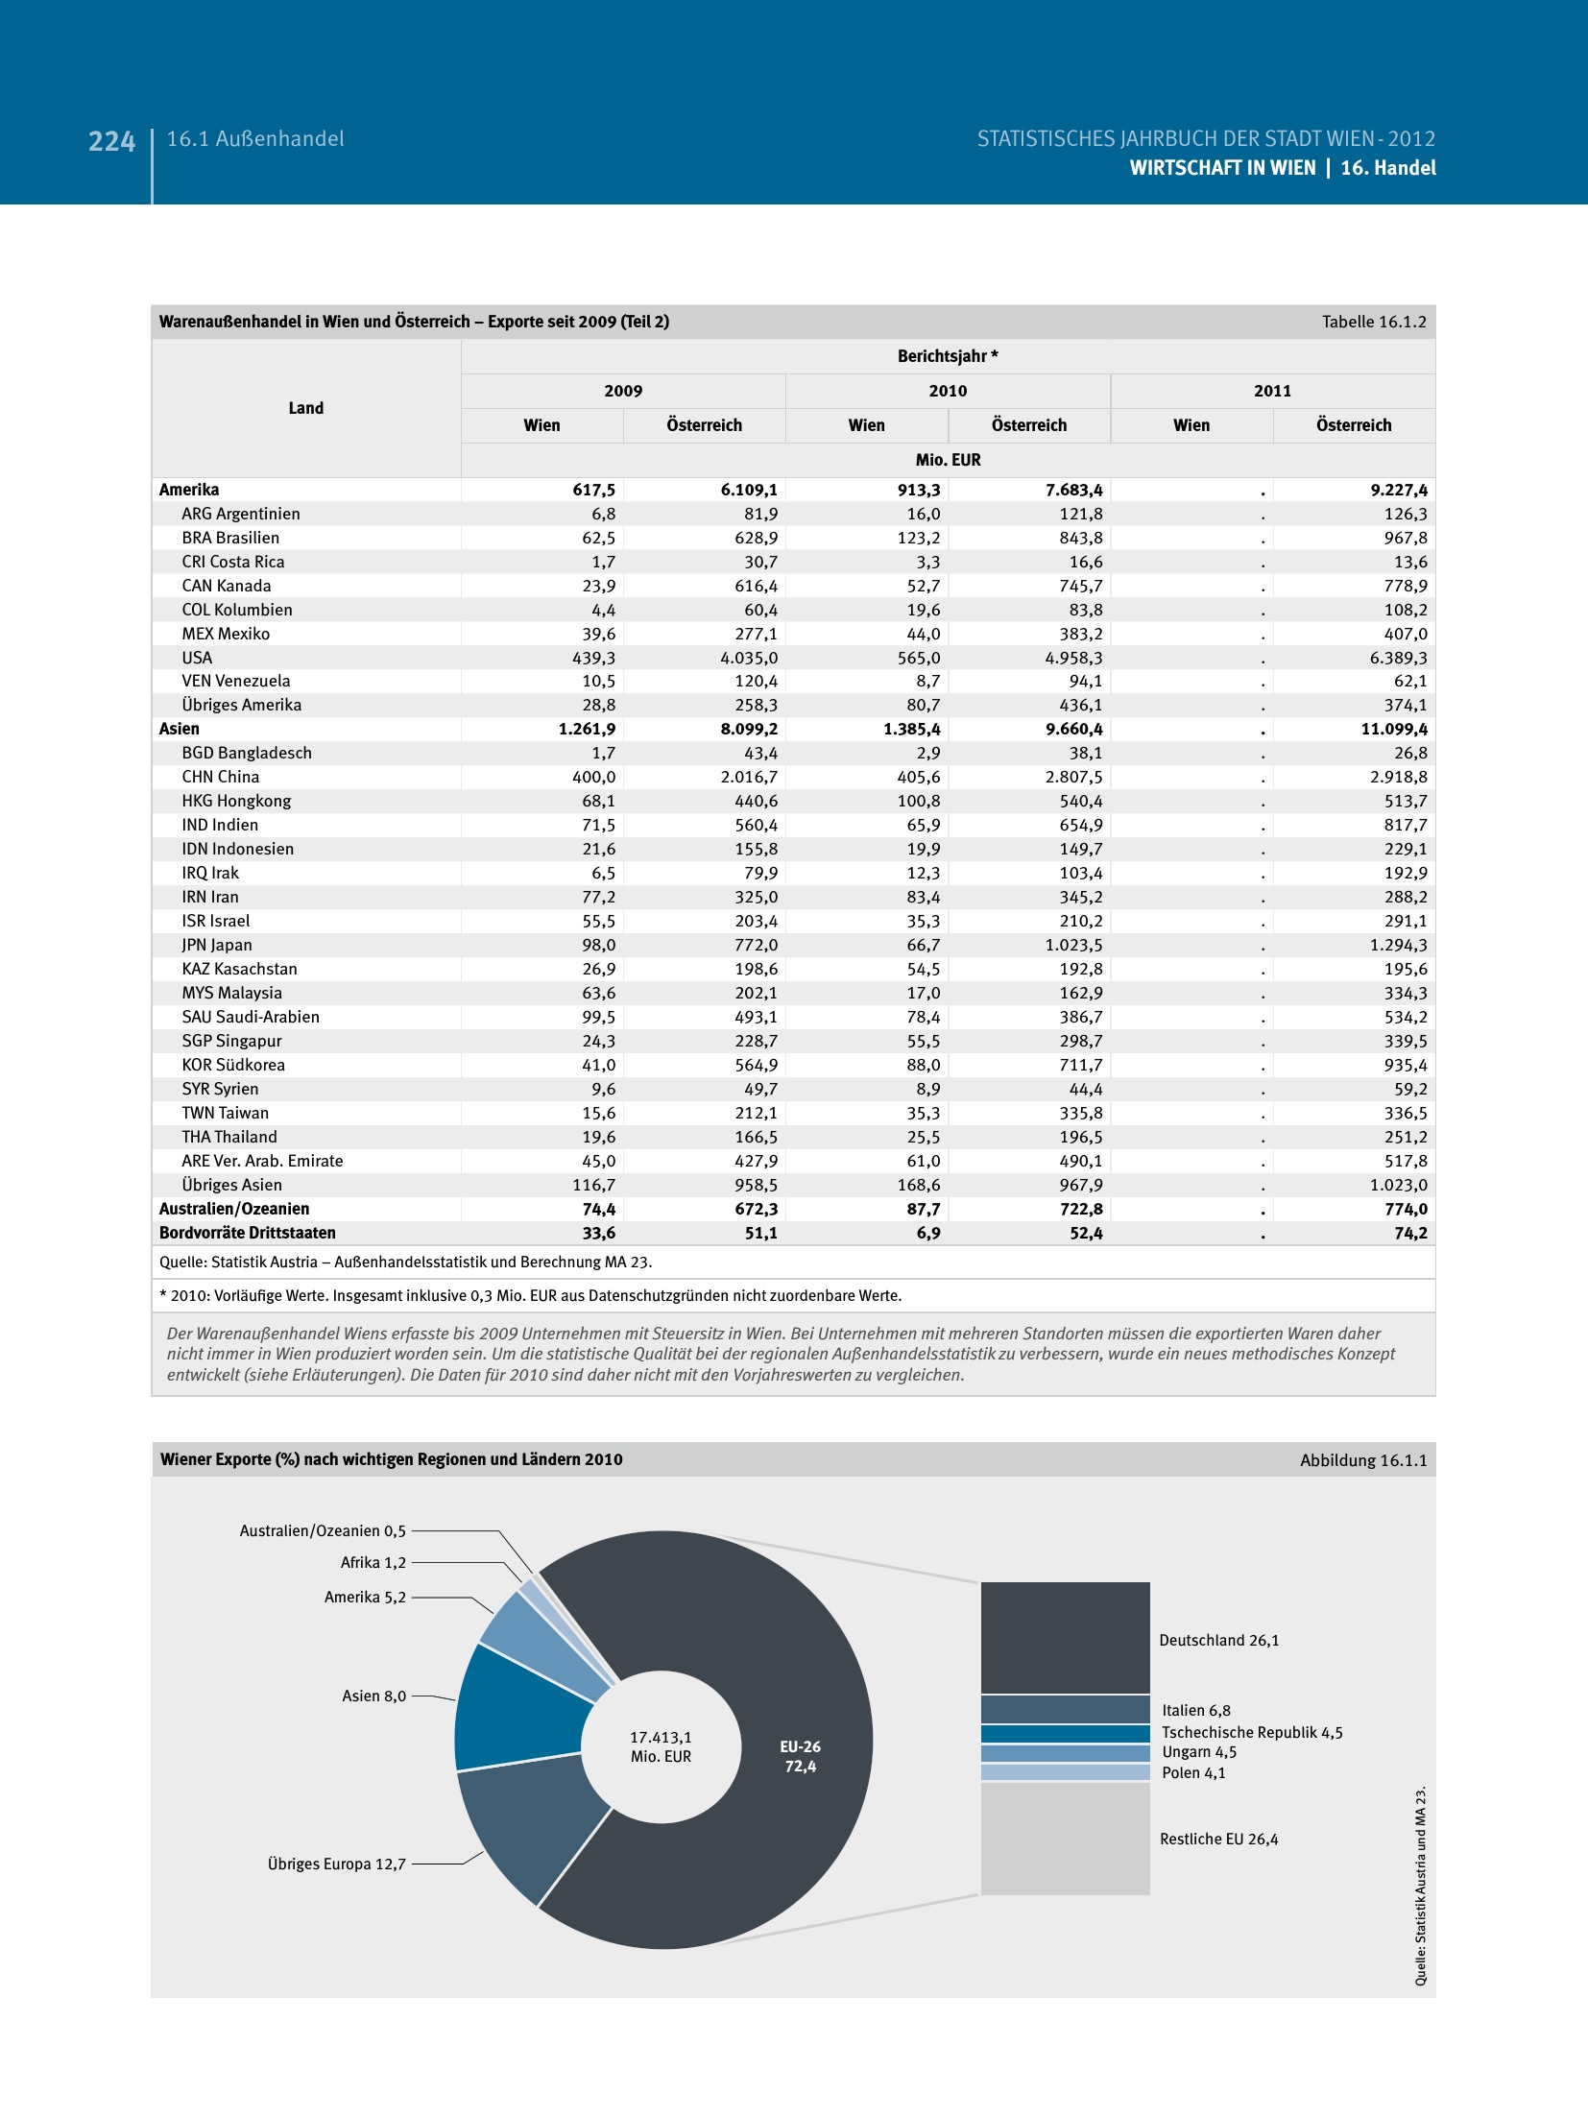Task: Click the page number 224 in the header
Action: point(111,141)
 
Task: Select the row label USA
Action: point(197,658)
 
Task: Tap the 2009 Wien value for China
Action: point(593,777)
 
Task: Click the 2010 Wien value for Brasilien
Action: point(918,538)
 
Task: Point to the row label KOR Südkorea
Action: point(233,1065)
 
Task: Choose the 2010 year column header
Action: point(948,391)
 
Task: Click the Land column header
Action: point(305,408)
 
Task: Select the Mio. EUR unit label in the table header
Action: point(948,460)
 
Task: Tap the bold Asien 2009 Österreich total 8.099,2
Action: point(749,729)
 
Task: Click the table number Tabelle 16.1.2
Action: point(1374,322)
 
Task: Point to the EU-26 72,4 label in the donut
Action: point(800,1756)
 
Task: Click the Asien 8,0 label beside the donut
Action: point(373,1696)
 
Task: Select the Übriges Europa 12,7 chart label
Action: point(336,1864)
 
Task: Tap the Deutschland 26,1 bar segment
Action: point(1065,1637)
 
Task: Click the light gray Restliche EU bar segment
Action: point(1065,1838)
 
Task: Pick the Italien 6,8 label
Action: point(1195,1710)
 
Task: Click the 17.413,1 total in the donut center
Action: point(661,1737)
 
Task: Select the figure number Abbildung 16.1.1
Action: point(1363,1460)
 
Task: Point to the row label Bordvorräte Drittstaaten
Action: point(248,1233)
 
